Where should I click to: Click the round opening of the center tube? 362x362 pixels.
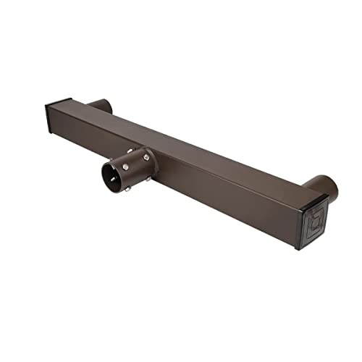click(x=113, y=179)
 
